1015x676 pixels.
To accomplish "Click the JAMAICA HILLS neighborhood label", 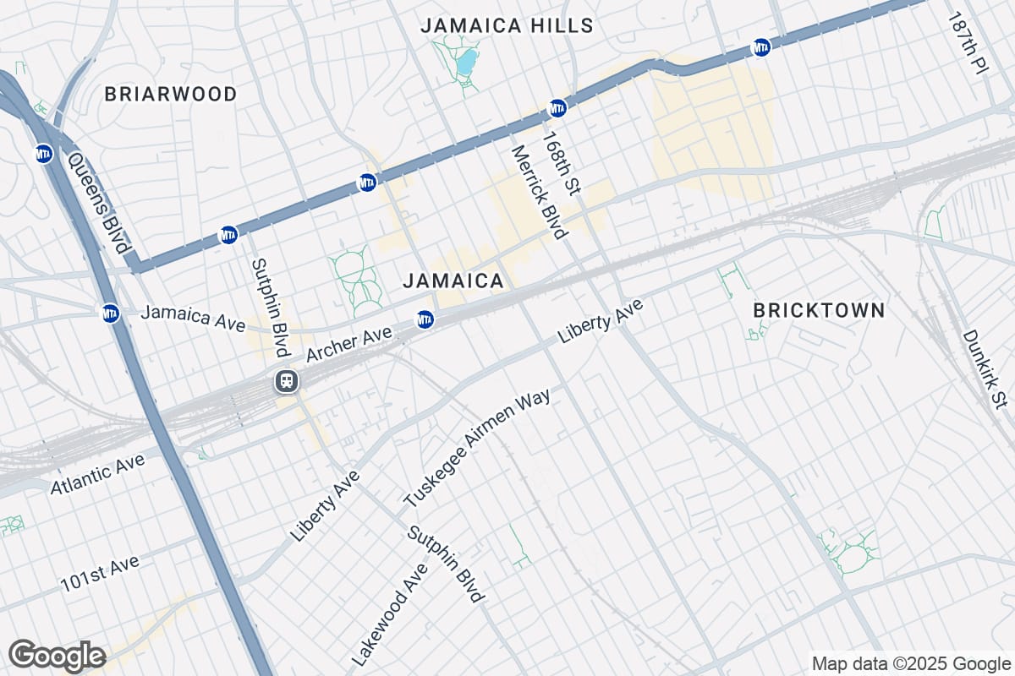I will click(x=507, y=25).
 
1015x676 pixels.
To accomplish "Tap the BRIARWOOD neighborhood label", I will click(x=171, y=94).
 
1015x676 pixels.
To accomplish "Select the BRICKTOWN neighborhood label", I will click(x=819, y=310).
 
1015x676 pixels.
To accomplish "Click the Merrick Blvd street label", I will click(x=538, y=193).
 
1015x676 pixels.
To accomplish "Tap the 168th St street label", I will click(x=562, y=163).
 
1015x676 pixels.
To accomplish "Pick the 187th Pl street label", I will click(x=967, y=44).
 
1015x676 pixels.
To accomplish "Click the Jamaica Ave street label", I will click(x=193, y=318).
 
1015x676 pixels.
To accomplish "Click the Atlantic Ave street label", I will click(x=97, y=474).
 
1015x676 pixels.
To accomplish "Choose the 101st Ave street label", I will click(x=99, y=574).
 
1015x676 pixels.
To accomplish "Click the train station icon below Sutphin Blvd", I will click(x=287, y=381).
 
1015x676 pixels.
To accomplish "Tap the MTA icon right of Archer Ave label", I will click(x=425, y=319).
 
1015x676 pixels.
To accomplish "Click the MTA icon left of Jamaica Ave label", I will click(x=110, y=313).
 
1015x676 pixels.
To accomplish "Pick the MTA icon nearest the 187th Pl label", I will click(x=761, y=47).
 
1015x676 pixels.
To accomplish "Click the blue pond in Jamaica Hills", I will click(x=466, y=62).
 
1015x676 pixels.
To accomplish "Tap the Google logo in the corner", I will click(x=58, y=655).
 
